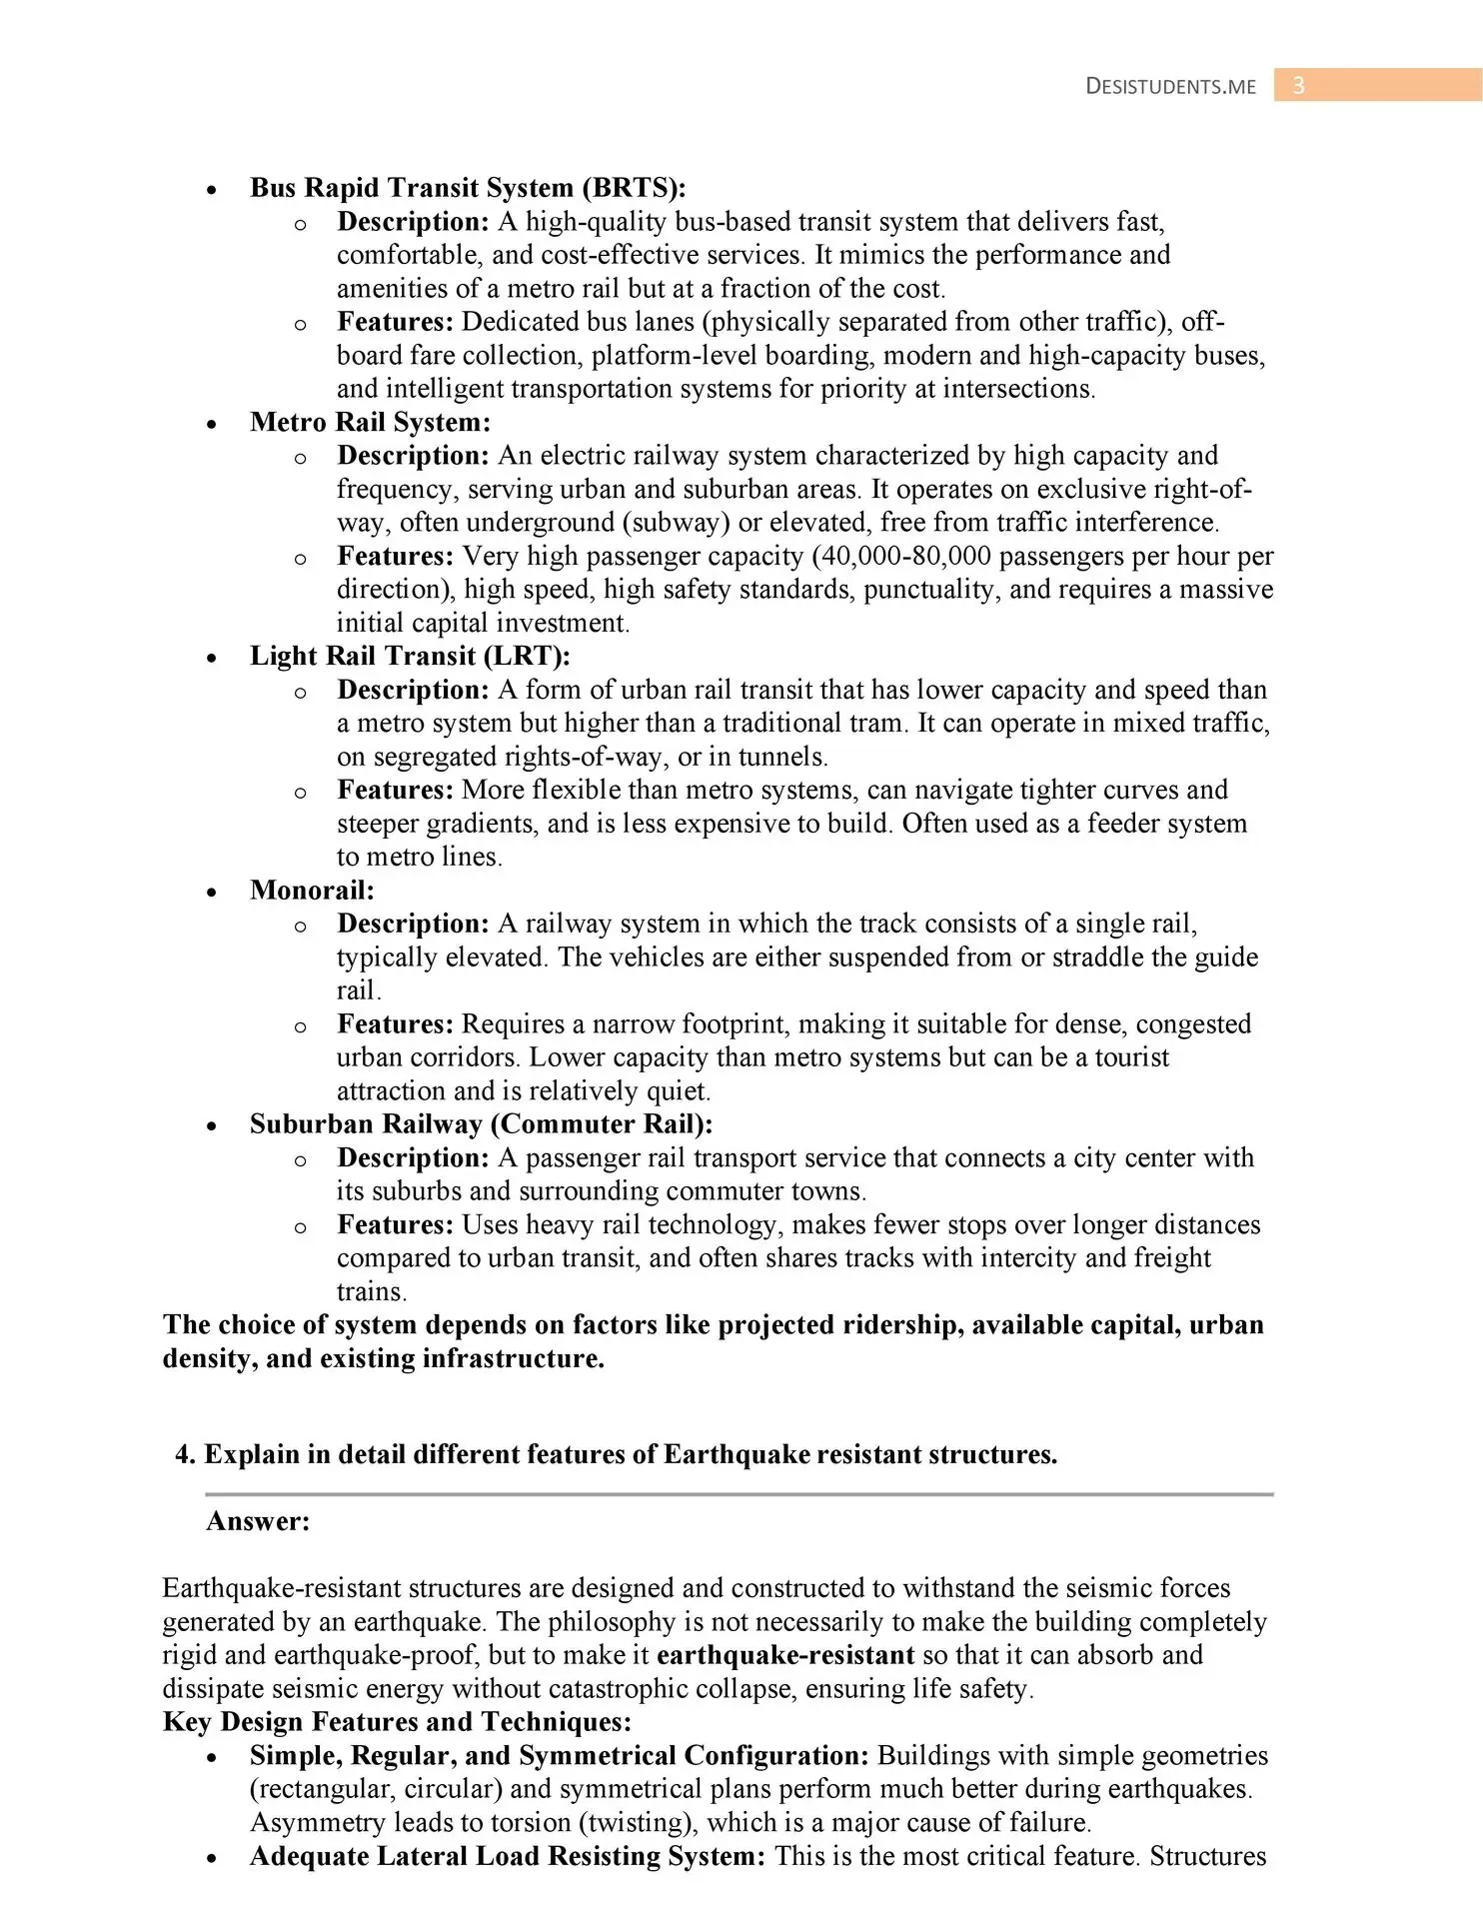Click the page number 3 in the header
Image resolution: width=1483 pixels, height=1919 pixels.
[x=1298, y=86]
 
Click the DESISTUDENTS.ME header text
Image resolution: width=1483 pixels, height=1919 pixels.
[x=1170, y=87]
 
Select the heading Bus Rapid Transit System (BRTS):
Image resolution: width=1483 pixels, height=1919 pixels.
[x=468, y=188]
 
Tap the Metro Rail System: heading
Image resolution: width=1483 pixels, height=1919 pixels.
[x=370, y=422]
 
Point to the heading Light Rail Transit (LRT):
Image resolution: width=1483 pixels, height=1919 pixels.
[x=410, y=656]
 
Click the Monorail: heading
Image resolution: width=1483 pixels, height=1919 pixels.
[x=312, y=890]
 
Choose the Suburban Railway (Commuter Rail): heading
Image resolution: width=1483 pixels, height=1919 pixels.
[x=481, y=1123]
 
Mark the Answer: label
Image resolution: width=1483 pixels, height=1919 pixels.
[x=258, y=1521]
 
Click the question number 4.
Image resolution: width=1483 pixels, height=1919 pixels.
[x=183, y=1454]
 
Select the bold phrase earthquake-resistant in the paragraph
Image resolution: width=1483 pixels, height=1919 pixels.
[x=785, y=1655]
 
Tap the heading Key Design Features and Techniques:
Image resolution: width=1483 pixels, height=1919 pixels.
[x=397, y=1721]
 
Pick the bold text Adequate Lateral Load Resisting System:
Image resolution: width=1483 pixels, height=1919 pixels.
[x=508, y=1856]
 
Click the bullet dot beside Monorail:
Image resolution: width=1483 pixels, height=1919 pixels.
[x=211, y=892]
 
